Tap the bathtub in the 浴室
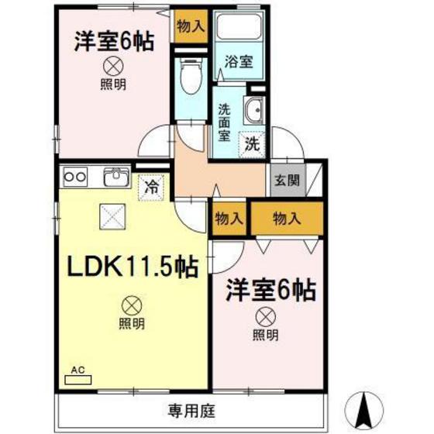[x=239, y=29]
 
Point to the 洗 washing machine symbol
[x=252, y=143]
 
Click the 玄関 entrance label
[x=282, y=180]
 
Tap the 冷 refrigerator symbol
[x=153, y=187]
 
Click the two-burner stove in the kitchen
[x=75, y=177]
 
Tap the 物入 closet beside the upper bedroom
[x=190, y=26]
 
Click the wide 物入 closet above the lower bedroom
[x=286, y=219]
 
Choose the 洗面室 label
[x=225, y=122]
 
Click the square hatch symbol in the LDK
[x=111, y=213]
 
